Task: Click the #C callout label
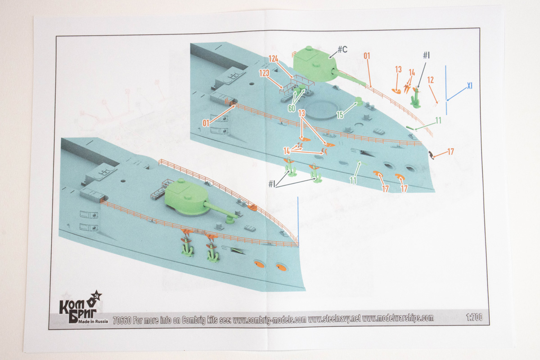click(x=342, y=49)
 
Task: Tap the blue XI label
click(x=470, y=86)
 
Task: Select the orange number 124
click(x=274, y=58)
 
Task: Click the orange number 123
click(x=264, y=73)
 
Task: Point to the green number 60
click(x=292, y=108)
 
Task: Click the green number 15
click(x=340, y=115)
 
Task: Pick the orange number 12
click(x=430, y=80)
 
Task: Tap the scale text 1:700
click(x=474, y=317)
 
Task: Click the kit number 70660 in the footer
click(x=122, y=320)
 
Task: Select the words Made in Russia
click(x=93, y=321)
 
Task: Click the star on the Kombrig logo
click(x=98, y=296)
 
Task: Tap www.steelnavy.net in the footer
click(x=334, y=319)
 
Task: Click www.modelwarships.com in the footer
click(x=398, y=318)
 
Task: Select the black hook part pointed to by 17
click(x=431, y=154)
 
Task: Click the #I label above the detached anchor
click(x=426, y=55)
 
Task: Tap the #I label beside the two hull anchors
click(x=272, y=184)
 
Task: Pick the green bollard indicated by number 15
click(x=359, y=101)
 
